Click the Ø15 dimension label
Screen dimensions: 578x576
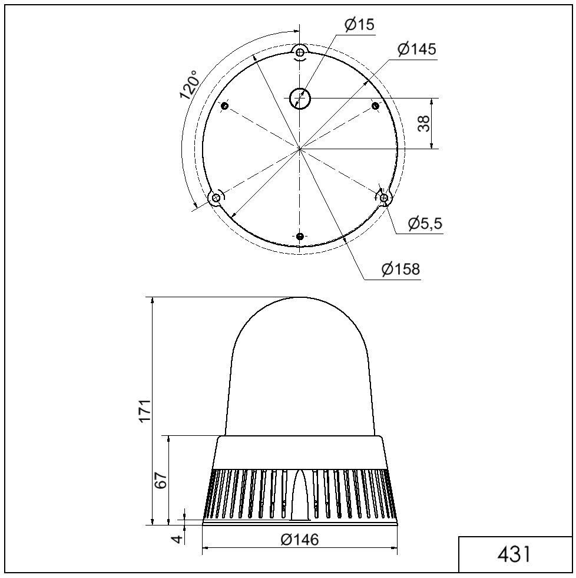pos(359,25)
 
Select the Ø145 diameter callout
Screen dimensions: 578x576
pos(416,50)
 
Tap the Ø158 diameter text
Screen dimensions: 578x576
pos(400,270)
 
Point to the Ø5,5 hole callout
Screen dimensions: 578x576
pos(425,224)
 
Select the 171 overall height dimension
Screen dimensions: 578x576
pos(145,410)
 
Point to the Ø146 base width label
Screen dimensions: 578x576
pos(299,540)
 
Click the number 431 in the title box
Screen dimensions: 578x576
pos(514,554)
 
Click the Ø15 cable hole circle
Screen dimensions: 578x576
pos(300,98)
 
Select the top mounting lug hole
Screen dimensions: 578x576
pos(300,53)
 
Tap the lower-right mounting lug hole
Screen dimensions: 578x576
pos(384,198)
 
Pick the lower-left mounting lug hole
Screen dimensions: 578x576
pos(216,198)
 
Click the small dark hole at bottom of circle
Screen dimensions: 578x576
pos(300,237)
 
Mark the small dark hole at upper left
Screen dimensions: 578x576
pos(225,106)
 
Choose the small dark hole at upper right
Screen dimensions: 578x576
pos(375,106)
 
